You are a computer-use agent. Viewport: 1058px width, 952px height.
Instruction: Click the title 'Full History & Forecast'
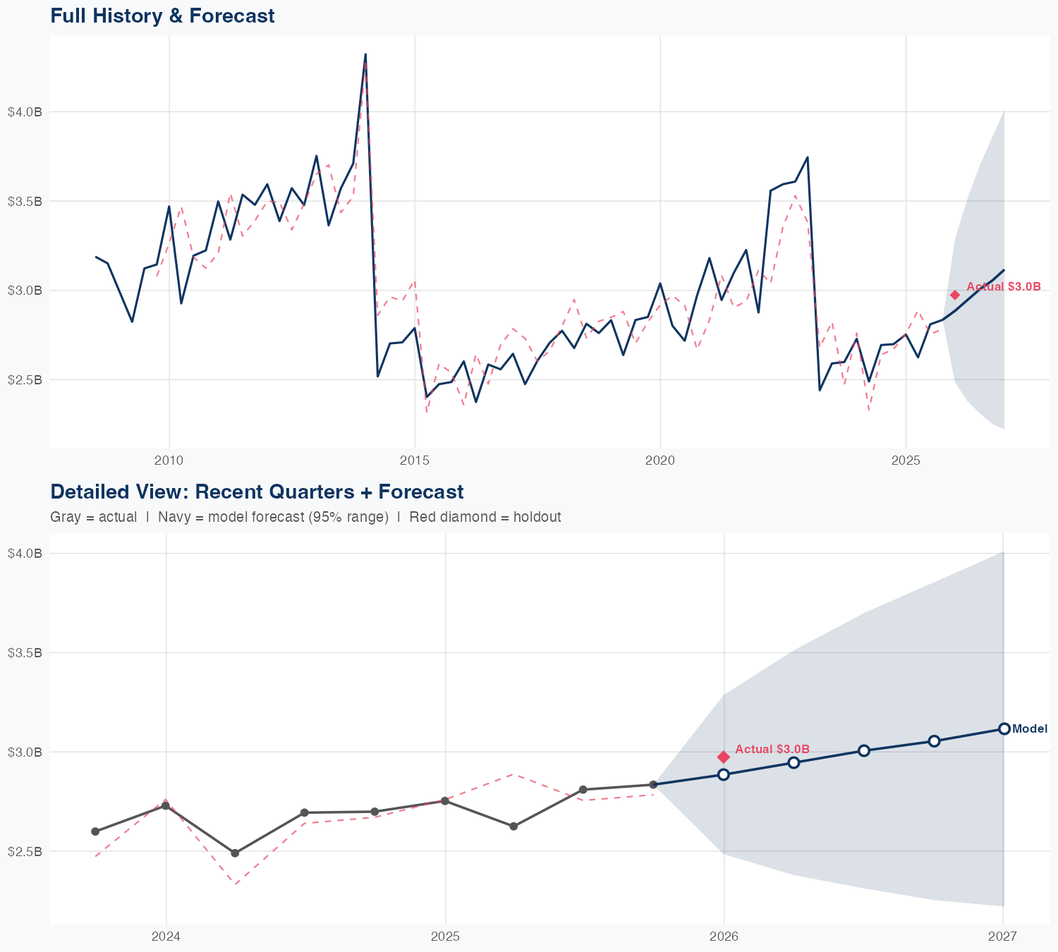click(162, 16)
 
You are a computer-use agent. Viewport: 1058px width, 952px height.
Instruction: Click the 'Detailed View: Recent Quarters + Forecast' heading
click(257, 492)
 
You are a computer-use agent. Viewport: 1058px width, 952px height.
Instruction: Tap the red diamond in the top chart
click(955, 295)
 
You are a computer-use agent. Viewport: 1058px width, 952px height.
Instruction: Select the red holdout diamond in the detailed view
click(723, 757)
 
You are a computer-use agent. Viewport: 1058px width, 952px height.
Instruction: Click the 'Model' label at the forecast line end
click(1029, 729)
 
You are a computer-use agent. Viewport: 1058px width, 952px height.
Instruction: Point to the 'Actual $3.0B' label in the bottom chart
click(772, 749)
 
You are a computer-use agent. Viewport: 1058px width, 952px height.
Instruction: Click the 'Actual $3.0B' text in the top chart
click(1003, 286)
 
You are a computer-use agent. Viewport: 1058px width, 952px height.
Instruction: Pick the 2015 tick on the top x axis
click(414, 461)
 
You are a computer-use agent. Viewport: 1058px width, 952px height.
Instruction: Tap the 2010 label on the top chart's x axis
click(169, 461)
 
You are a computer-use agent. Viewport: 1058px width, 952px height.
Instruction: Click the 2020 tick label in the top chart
click(659, 461)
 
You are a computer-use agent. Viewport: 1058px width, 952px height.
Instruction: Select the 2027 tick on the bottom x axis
click(1002, 937)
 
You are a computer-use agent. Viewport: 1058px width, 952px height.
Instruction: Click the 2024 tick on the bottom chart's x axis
click(166, 937)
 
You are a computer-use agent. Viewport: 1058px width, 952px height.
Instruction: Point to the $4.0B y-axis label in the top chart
click(25, 111)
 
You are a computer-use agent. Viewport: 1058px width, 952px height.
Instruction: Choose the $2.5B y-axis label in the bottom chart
click(25, 851)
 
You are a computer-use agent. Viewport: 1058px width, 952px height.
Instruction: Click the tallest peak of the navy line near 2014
click(365, 54)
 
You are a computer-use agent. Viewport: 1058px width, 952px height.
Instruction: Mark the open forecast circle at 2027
click(1004, 728)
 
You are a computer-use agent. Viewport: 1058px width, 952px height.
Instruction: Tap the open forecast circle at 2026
click(723, 774)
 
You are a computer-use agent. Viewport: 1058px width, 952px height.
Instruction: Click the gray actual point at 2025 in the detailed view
click(445, 800)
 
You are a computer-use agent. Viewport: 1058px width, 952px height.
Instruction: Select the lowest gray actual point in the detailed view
click(235, 853)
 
